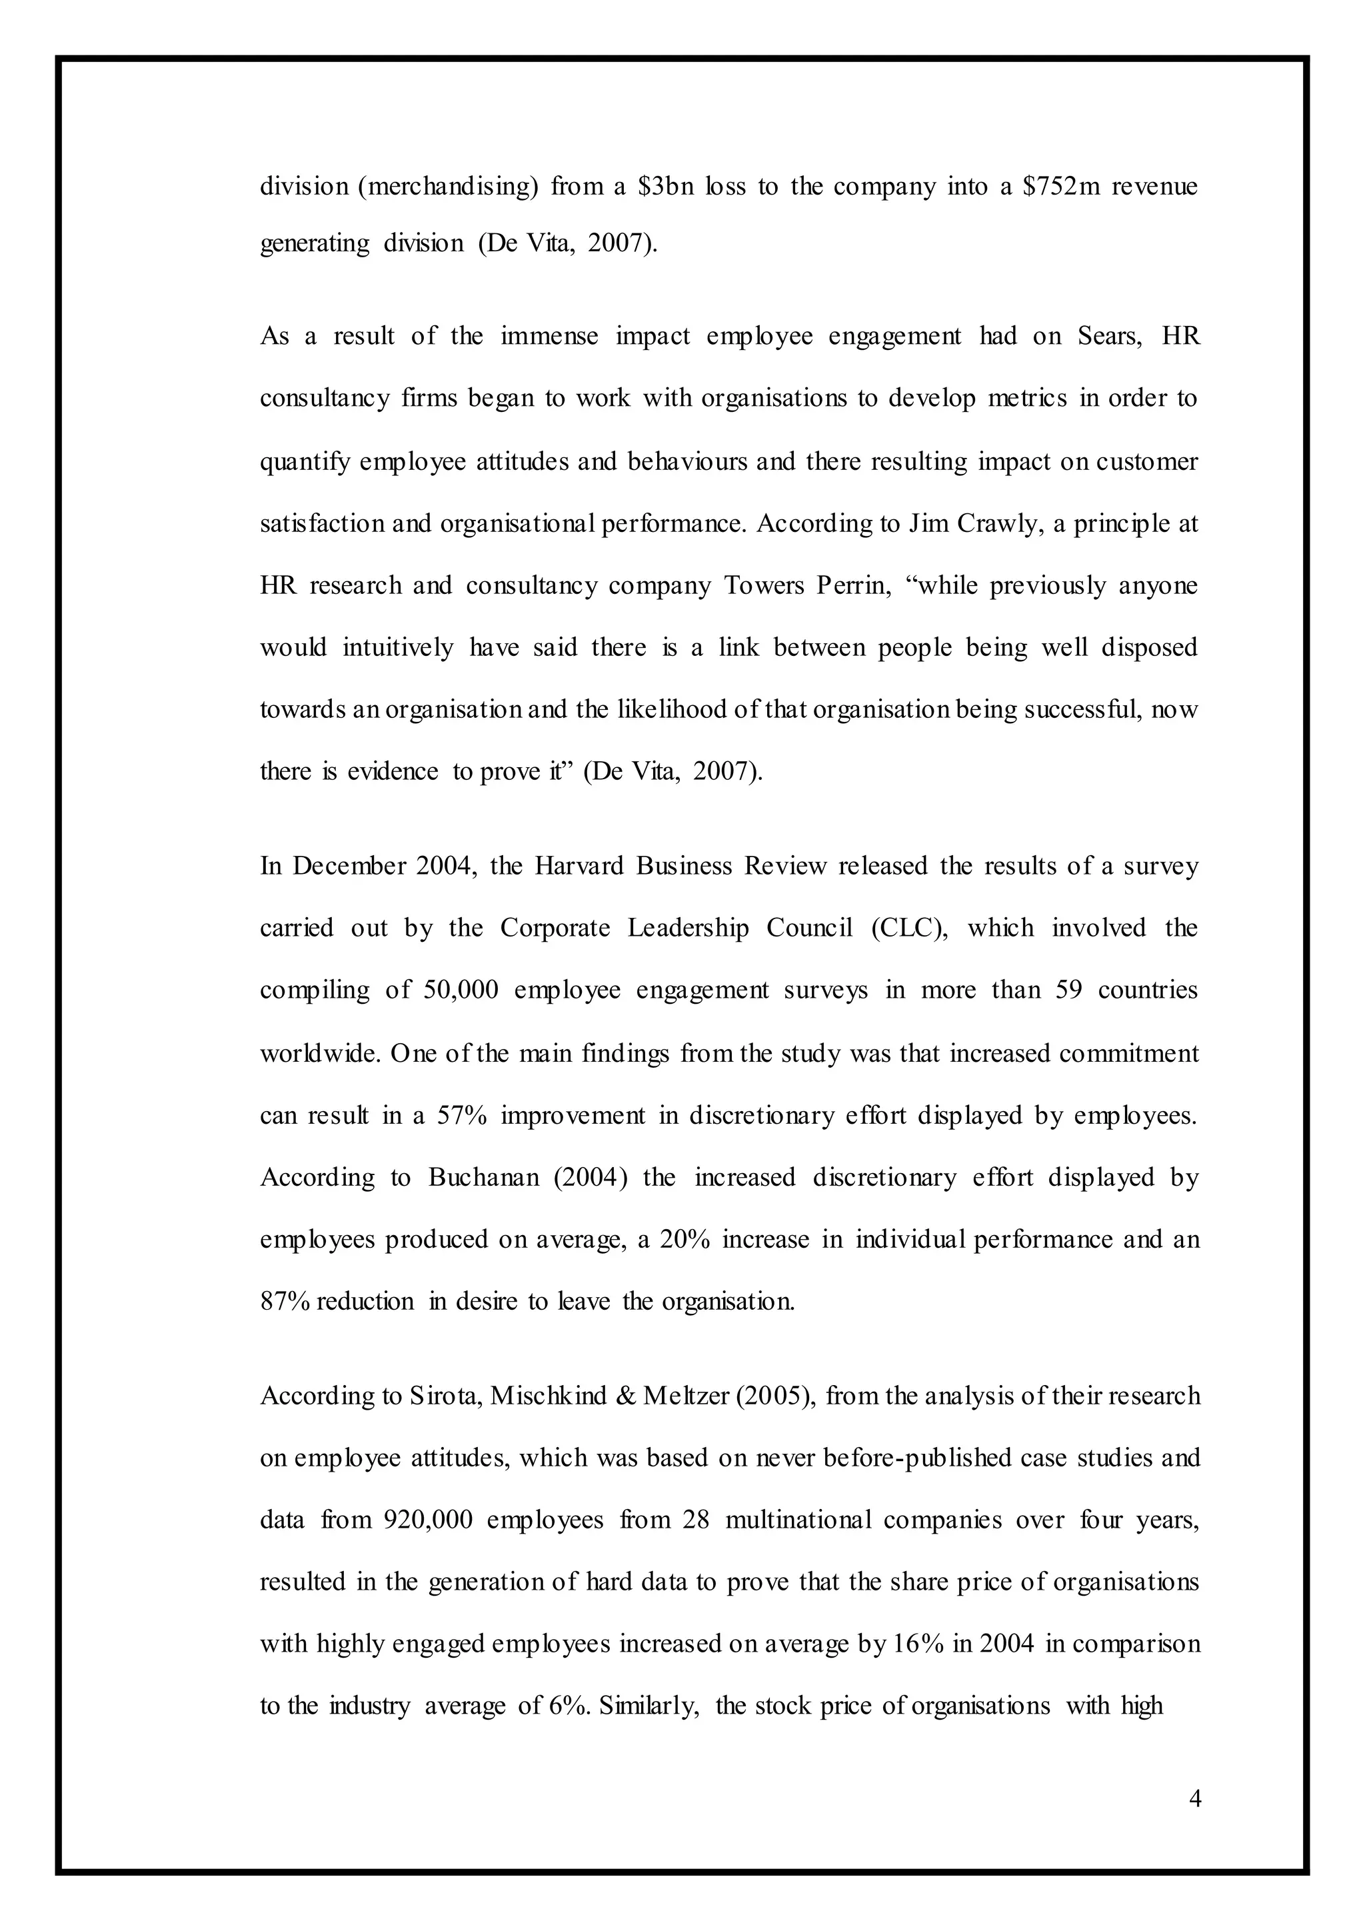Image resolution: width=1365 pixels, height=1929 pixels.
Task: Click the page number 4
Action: pos(1195,1799)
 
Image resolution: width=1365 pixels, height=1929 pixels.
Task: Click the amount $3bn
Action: pos(666,186)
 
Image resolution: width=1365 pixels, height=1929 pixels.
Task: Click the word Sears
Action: pos(1108,336)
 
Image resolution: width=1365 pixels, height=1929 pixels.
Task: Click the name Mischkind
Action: pos(548,1396)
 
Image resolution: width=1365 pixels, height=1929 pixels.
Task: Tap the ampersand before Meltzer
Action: pos(625,1396)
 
